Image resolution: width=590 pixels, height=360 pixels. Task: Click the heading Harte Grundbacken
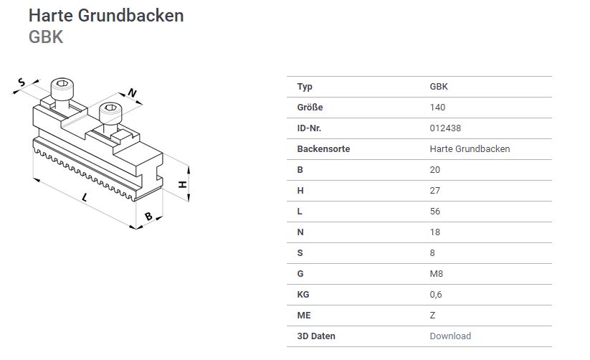[106, 16]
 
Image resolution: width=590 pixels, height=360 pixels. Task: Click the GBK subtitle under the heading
[46, 37]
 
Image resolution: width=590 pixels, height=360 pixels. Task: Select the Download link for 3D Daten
[450, 336]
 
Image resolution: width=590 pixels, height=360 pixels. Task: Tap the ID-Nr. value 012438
[445, 128]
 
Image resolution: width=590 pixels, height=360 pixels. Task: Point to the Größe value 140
[437, 108]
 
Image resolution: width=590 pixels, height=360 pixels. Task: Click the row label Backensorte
[323, 148]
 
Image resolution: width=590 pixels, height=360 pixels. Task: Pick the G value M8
[436, 273]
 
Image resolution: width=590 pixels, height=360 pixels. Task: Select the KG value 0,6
[436, 295]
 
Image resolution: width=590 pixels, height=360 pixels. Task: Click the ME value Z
[432, 316]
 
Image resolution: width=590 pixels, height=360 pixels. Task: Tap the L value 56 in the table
[434, 212]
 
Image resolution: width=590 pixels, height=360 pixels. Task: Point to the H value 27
[434, 191]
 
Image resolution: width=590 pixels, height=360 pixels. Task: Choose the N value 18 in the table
[434, 232]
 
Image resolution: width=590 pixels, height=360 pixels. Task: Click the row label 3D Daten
[316, 336]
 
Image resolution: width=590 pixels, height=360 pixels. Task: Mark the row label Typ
[305, 87]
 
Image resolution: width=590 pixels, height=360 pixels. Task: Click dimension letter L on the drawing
[85, 197]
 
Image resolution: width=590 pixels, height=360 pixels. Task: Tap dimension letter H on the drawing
[183, 184]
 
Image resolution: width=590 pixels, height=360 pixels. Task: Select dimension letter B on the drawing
[148, 216]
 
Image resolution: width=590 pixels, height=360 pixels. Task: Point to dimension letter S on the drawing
[22, 82]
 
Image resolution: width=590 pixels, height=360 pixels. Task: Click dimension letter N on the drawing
[132, 93]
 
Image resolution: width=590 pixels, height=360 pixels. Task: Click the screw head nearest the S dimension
[62, 89]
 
